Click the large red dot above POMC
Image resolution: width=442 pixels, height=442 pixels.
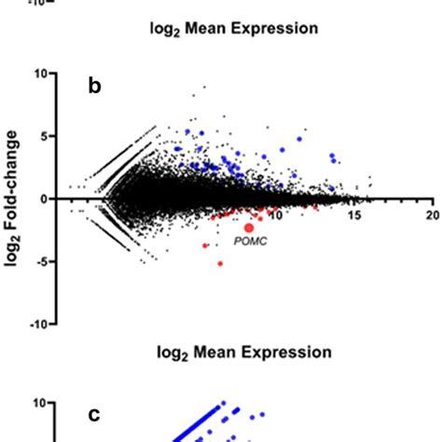pos(249,227)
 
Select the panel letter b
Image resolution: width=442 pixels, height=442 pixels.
pos(93,87)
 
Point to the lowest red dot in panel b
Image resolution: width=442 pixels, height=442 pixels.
pos(220,264)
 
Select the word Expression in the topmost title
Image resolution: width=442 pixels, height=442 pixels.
pos(283,28)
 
